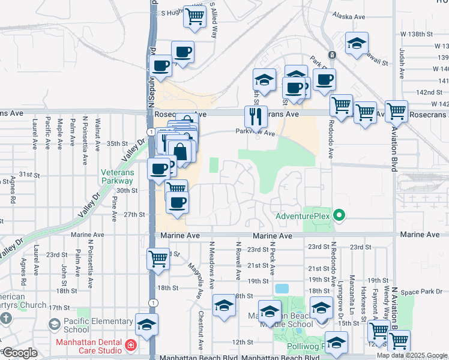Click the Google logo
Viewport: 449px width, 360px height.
pos(20,353)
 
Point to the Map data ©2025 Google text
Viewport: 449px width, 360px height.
pos(412,355)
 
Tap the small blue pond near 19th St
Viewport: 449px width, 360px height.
pos(281,289)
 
